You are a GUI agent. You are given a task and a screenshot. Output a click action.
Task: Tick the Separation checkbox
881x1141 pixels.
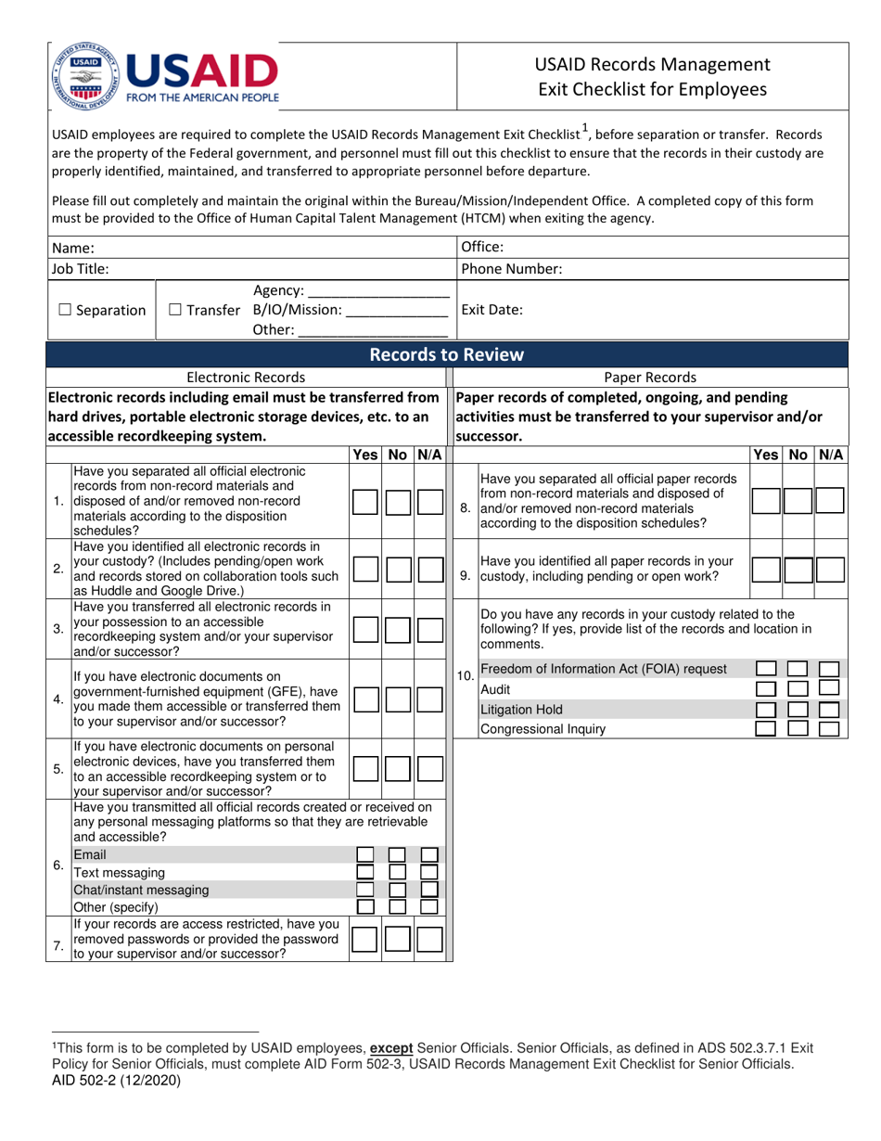[63, 311]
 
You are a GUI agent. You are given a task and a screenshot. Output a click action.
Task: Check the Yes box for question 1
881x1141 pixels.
[365, 502]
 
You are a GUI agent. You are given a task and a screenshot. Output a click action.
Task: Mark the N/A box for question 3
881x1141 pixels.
[428, 630]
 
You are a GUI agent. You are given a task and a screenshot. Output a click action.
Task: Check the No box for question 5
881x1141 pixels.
[397, 768]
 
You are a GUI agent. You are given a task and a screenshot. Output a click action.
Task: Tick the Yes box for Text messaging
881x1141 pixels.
[365, 872]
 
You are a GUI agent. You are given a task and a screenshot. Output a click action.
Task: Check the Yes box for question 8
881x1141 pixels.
[764, 501]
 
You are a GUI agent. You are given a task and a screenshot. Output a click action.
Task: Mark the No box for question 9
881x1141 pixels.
[797, 570]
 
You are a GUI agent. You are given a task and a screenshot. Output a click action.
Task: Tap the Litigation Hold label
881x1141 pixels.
[521, 710]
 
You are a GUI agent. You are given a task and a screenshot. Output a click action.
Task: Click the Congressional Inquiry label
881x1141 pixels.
[543, 729]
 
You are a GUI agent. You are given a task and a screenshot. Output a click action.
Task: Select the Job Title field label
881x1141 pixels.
[81, 269]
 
